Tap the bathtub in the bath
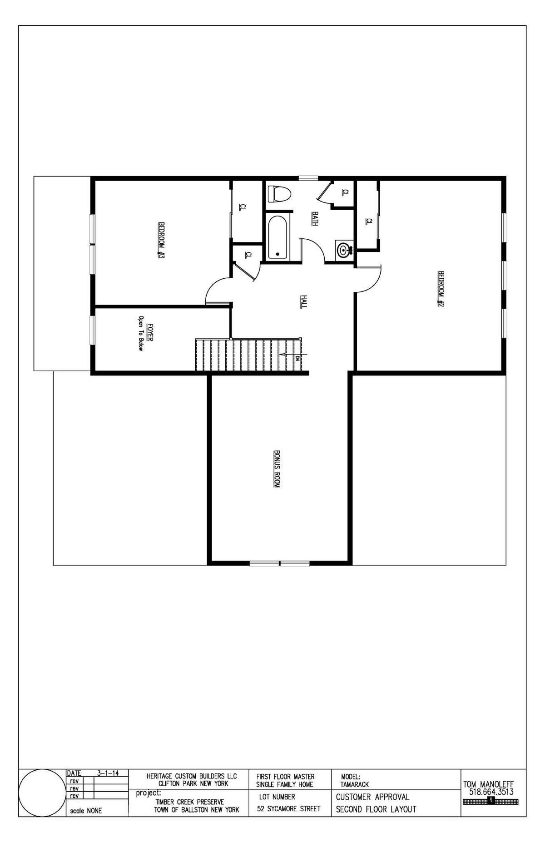point(277,236)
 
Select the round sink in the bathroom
point(343,249)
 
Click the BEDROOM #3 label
point(160,241)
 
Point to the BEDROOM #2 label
point(440,289)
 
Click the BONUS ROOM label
point(277,469)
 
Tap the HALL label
point(303,302)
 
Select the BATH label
point(314,219)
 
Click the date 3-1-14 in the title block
point(108,773)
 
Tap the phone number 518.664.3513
point(490,792)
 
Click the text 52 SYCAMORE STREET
point(288,808)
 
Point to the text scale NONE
point(86,811)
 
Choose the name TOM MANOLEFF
point(488,784)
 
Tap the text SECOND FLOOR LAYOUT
point(376,809)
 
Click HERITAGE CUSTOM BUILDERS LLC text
point(191,777)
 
